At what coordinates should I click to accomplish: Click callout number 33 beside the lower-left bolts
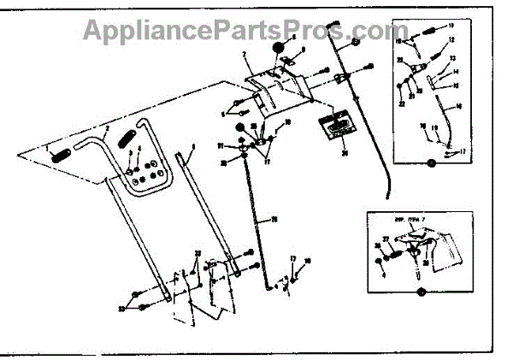click(x=122, y=307)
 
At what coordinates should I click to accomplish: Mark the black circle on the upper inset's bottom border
click(x=432, y=162)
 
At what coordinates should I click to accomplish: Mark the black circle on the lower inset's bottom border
click(x=420, y=292)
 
